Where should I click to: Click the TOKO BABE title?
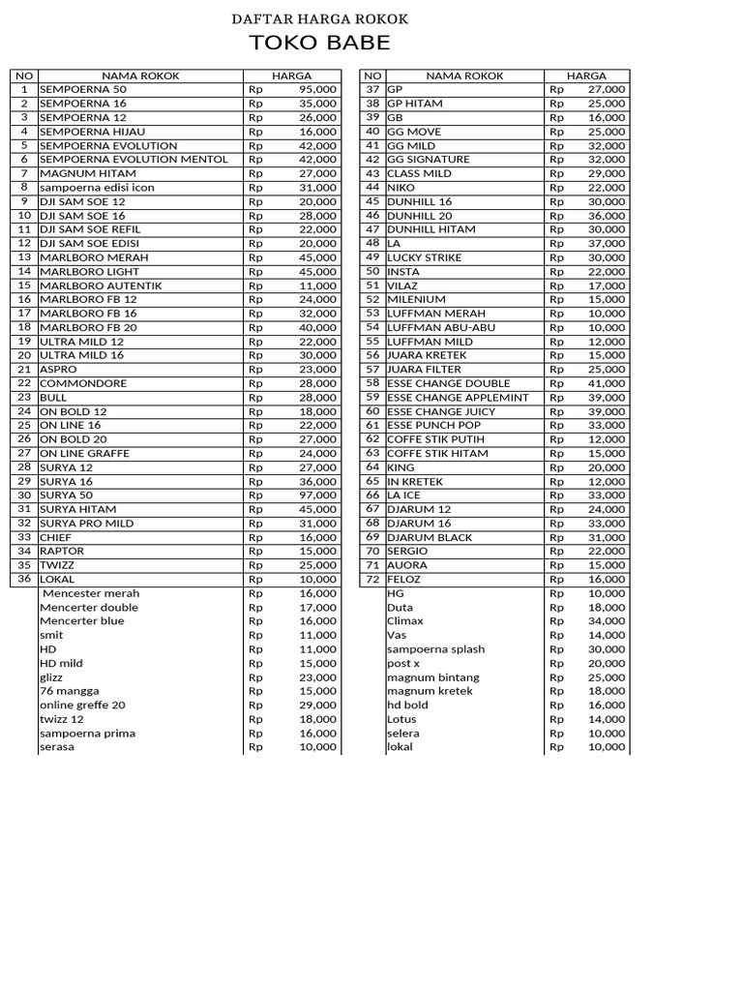pyautogui.click(x=319, y=44)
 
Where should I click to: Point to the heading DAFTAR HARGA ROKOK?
pyautogui.click(x=319, y=19)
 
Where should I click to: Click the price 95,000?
pyautogui.click(x=318, y=89)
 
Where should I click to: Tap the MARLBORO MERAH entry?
pyautogui.click(x=88, y=257)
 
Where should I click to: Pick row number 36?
pyautogui.click(x=24, y=579)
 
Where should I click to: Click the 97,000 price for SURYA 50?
pyautogui.click(x=318, y=495)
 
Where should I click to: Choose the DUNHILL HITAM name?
pyautogui.click(x=431, y=229)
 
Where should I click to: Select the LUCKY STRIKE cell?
pyautogui.click(x=425, y=257)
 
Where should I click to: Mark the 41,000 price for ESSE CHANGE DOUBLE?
pyautogui.click(x=607, y=383)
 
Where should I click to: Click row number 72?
pyautogui.click(x=372, y=579)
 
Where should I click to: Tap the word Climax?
pyautogui.click(x=405, y=621)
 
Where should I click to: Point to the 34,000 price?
pyautogui.click(x=607, y=621)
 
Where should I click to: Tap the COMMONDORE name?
pyautogui.click(x=83, y=383)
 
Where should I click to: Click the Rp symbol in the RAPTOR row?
pyautogui.click(x=255, y=551)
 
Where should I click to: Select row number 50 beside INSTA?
pyautogui.click(x=372, y=271)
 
